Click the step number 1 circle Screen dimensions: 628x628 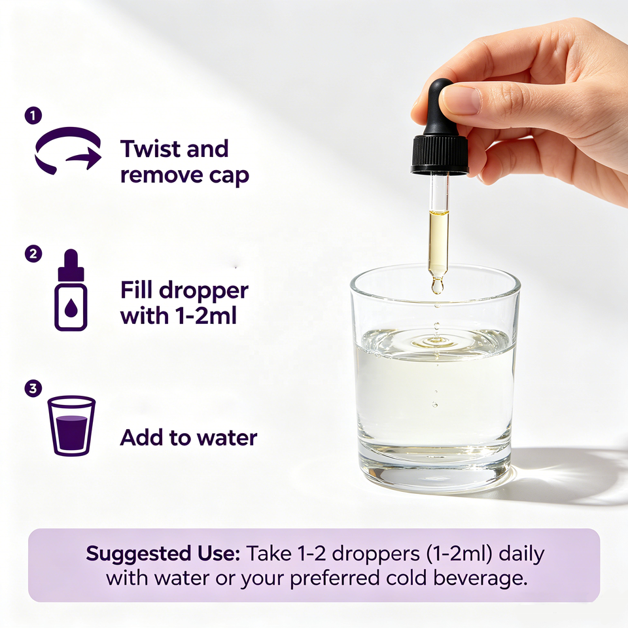tap(33, 115)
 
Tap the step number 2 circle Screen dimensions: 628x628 tap(33, 254)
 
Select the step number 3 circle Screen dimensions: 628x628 tap(33, 388)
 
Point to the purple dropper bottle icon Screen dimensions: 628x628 tap(71, 290)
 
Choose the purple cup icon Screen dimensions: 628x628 tap(71, 426)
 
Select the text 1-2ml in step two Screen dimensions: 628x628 tap(206, 315)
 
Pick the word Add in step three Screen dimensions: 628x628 tap(141, 438)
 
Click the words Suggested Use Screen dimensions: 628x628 tap(163, 553)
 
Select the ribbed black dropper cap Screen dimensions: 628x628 tap(440, 154)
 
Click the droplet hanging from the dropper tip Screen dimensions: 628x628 tap(437, 286)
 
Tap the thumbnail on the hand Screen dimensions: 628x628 tap(461, 99)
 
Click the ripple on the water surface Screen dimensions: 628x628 tap(435, 341)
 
